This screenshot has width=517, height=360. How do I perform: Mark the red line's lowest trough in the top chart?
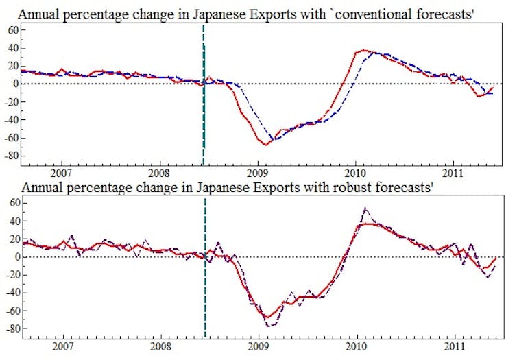click(x=265, y=144)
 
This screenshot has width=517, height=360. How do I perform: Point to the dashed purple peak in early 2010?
click(x=365, y=208)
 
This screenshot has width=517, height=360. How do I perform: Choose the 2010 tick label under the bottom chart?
click(x=356, y=346)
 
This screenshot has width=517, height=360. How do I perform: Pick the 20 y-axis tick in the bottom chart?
click(x=10, y=239)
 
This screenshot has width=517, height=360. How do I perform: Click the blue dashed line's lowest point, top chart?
click(x=273, y=140)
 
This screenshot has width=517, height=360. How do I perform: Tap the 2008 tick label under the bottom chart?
click(x=160, y=346)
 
